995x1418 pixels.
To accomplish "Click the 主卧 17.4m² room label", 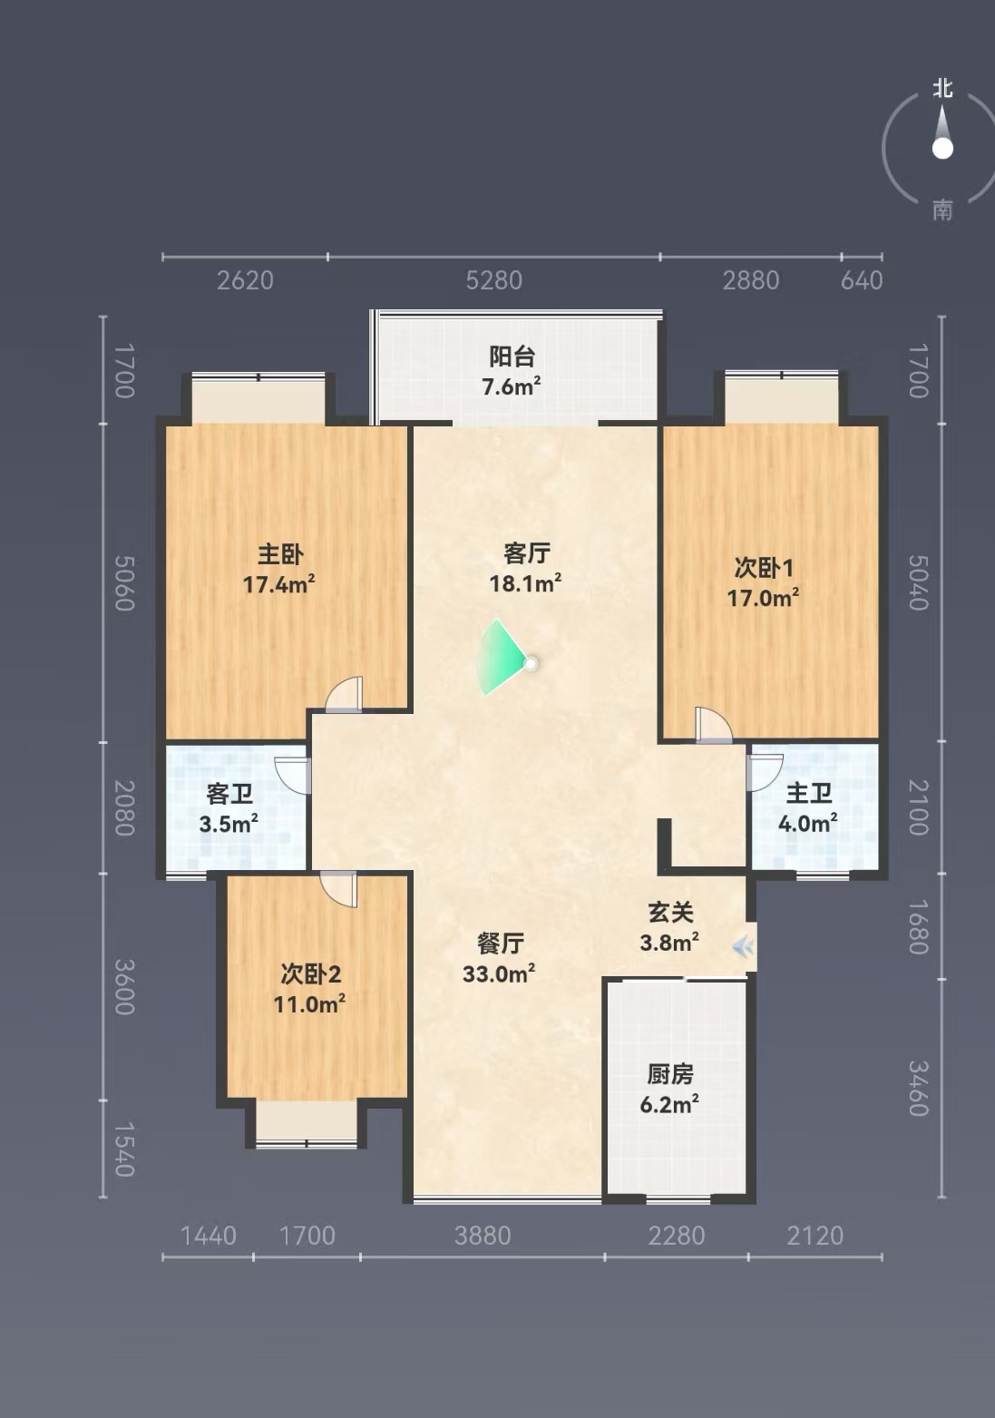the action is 279,569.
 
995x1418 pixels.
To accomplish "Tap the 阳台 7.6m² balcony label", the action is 512,371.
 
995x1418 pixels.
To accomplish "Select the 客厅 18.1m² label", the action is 526,567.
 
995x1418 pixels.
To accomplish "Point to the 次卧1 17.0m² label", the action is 763,582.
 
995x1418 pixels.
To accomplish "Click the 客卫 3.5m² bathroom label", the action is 229,808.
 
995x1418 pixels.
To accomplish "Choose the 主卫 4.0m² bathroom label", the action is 807,807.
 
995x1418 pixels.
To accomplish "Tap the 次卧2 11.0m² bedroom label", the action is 309,989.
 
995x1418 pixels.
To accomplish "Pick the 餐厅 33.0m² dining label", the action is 499,958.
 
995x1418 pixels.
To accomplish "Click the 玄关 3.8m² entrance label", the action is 669,927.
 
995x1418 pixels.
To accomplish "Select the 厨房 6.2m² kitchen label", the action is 669,1090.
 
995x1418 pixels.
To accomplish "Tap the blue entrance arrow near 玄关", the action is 742,948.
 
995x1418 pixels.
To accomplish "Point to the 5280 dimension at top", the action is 493,280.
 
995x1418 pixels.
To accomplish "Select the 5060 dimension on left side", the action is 124,583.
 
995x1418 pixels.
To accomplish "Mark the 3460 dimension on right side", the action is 919,1089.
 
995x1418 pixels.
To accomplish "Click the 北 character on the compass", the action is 942,88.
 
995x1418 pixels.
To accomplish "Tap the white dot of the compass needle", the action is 942,149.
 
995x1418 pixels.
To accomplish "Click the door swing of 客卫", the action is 292,775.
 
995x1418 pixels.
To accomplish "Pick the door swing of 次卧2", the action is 338,889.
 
